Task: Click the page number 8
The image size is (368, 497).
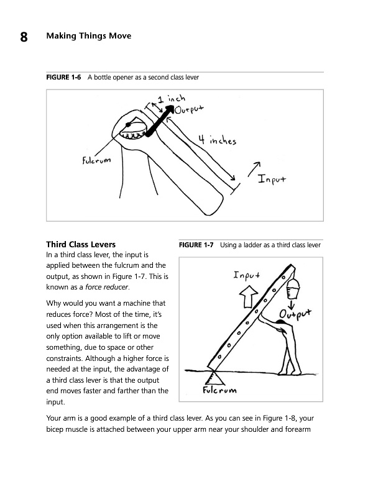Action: click(24, 37)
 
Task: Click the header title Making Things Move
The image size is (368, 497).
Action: click(89, 36)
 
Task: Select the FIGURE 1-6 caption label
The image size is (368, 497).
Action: click(63, 77)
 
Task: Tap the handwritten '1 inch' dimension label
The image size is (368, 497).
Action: click(172, 99)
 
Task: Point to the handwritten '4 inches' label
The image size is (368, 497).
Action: click(218, 140)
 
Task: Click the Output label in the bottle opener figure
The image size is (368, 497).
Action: click(189, 109)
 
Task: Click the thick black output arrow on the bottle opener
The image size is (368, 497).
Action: click(160, 121)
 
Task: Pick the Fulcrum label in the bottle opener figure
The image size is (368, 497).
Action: click(96, 160)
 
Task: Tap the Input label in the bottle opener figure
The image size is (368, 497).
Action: click(272, 179)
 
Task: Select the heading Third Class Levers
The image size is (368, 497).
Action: click(81, 244)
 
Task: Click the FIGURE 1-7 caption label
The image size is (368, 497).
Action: click(196, 245)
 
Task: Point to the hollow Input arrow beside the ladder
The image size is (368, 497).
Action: click(249, 296)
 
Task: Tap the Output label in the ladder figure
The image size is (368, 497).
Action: click(295, 314)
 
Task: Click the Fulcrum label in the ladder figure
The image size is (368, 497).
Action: click(219, 390)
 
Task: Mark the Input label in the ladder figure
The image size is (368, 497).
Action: click(247, 275)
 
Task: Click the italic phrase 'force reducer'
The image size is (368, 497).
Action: click(106, 287)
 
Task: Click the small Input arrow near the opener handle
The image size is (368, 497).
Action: click(254, 169)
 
